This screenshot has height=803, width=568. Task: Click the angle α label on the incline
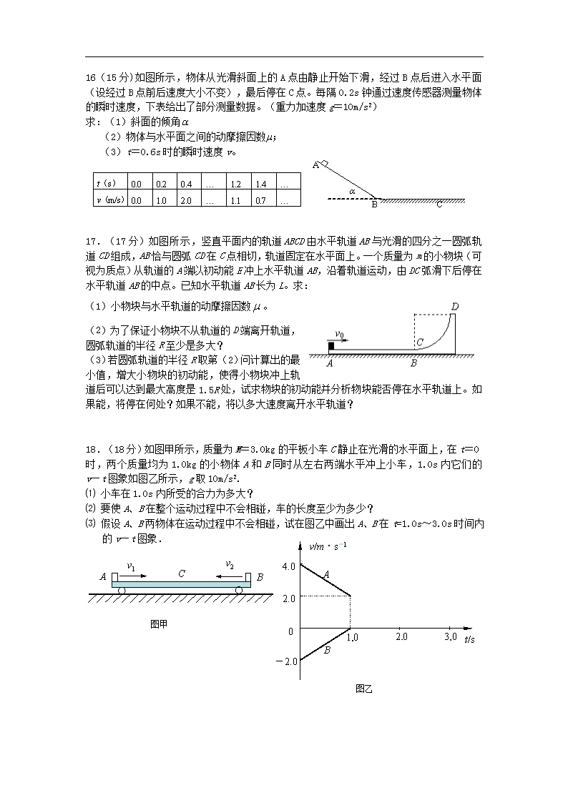[352, 192]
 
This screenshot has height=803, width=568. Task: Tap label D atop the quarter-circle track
[454, 307]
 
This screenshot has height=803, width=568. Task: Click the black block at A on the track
[331, 347]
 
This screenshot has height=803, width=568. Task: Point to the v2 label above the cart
[230, 566]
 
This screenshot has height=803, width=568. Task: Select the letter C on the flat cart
[182, 573]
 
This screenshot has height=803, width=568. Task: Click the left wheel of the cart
[122, 590]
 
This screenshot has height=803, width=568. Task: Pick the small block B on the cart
[248, 577]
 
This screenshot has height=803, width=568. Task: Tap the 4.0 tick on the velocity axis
[289, 566]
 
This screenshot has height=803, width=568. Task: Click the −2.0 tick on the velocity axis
[286, 661]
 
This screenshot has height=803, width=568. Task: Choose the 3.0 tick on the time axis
[451, 636]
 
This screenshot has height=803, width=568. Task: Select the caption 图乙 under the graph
[364, 689]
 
